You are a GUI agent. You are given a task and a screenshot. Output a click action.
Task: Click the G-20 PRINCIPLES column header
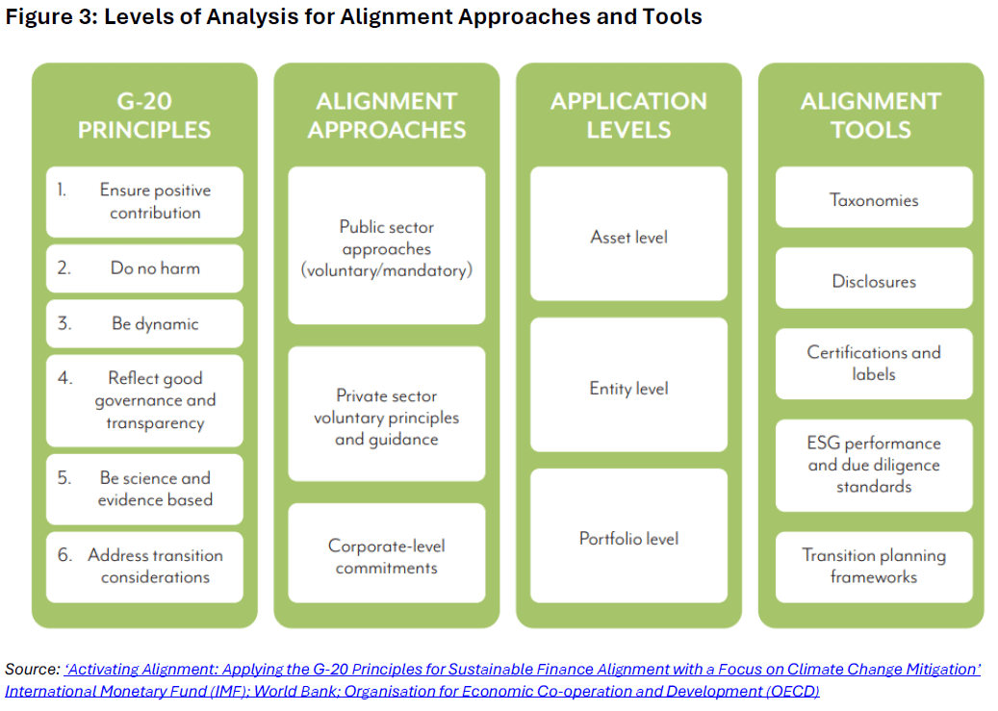(x=144, y=115)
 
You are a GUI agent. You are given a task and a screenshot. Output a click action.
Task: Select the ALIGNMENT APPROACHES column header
(x=387, y=115)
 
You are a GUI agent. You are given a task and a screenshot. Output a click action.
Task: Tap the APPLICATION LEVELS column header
(x=628, y=115)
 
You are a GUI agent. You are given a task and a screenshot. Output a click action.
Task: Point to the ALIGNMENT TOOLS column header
(x=871, y=115)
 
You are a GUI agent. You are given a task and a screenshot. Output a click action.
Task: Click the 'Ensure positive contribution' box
(x=144, y=202)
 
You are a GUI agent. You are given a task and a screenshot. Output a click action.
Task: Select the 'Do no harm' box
(x=144, y=268)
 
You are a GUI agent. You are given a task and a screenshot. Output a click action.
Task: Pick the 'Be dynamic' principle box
(x=144, y=324)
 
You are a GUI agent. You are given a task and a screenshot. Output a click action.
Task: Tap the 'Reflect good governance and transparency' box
(x=144, y=401)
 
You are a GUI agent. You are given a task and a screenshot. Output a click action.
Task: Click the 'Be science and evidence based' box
(x=144, y=489)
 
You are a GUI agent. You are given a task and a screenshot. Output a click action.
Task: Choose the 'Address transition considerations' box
(x=144, y=567)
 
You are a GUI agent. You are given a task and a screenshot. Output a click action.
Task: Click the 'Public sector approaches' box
(x=387, y=248)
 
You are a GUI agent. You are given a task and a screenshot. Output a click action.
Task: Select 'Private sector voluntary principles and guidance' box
(x=387, y=417)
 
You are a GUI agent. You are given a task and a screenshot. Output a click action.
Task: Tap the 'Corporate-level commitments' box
(x=387, y=556)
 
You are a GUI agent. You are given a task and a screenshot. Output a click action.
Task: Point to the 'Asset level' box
(x=628, y=237)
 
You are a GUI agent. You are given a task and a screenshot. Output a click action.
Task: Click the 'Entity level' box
(x=628, y=389)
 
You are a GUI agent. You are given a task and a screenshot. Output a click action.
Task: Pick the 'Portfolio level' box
(x=628, y=539)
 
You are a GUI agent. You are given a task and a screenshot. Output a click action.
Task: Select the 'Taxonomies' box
(x=874, y=200)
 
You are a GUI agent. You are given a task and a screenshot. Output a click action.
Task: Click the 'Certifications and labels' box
(x=874, y=363)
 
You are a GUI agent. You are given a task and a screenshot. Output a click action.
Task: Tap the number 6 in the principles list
(x=64, y=555)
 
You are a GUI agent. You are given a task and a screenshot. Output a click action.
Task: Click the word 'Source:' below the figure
(x=32, y=669)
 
